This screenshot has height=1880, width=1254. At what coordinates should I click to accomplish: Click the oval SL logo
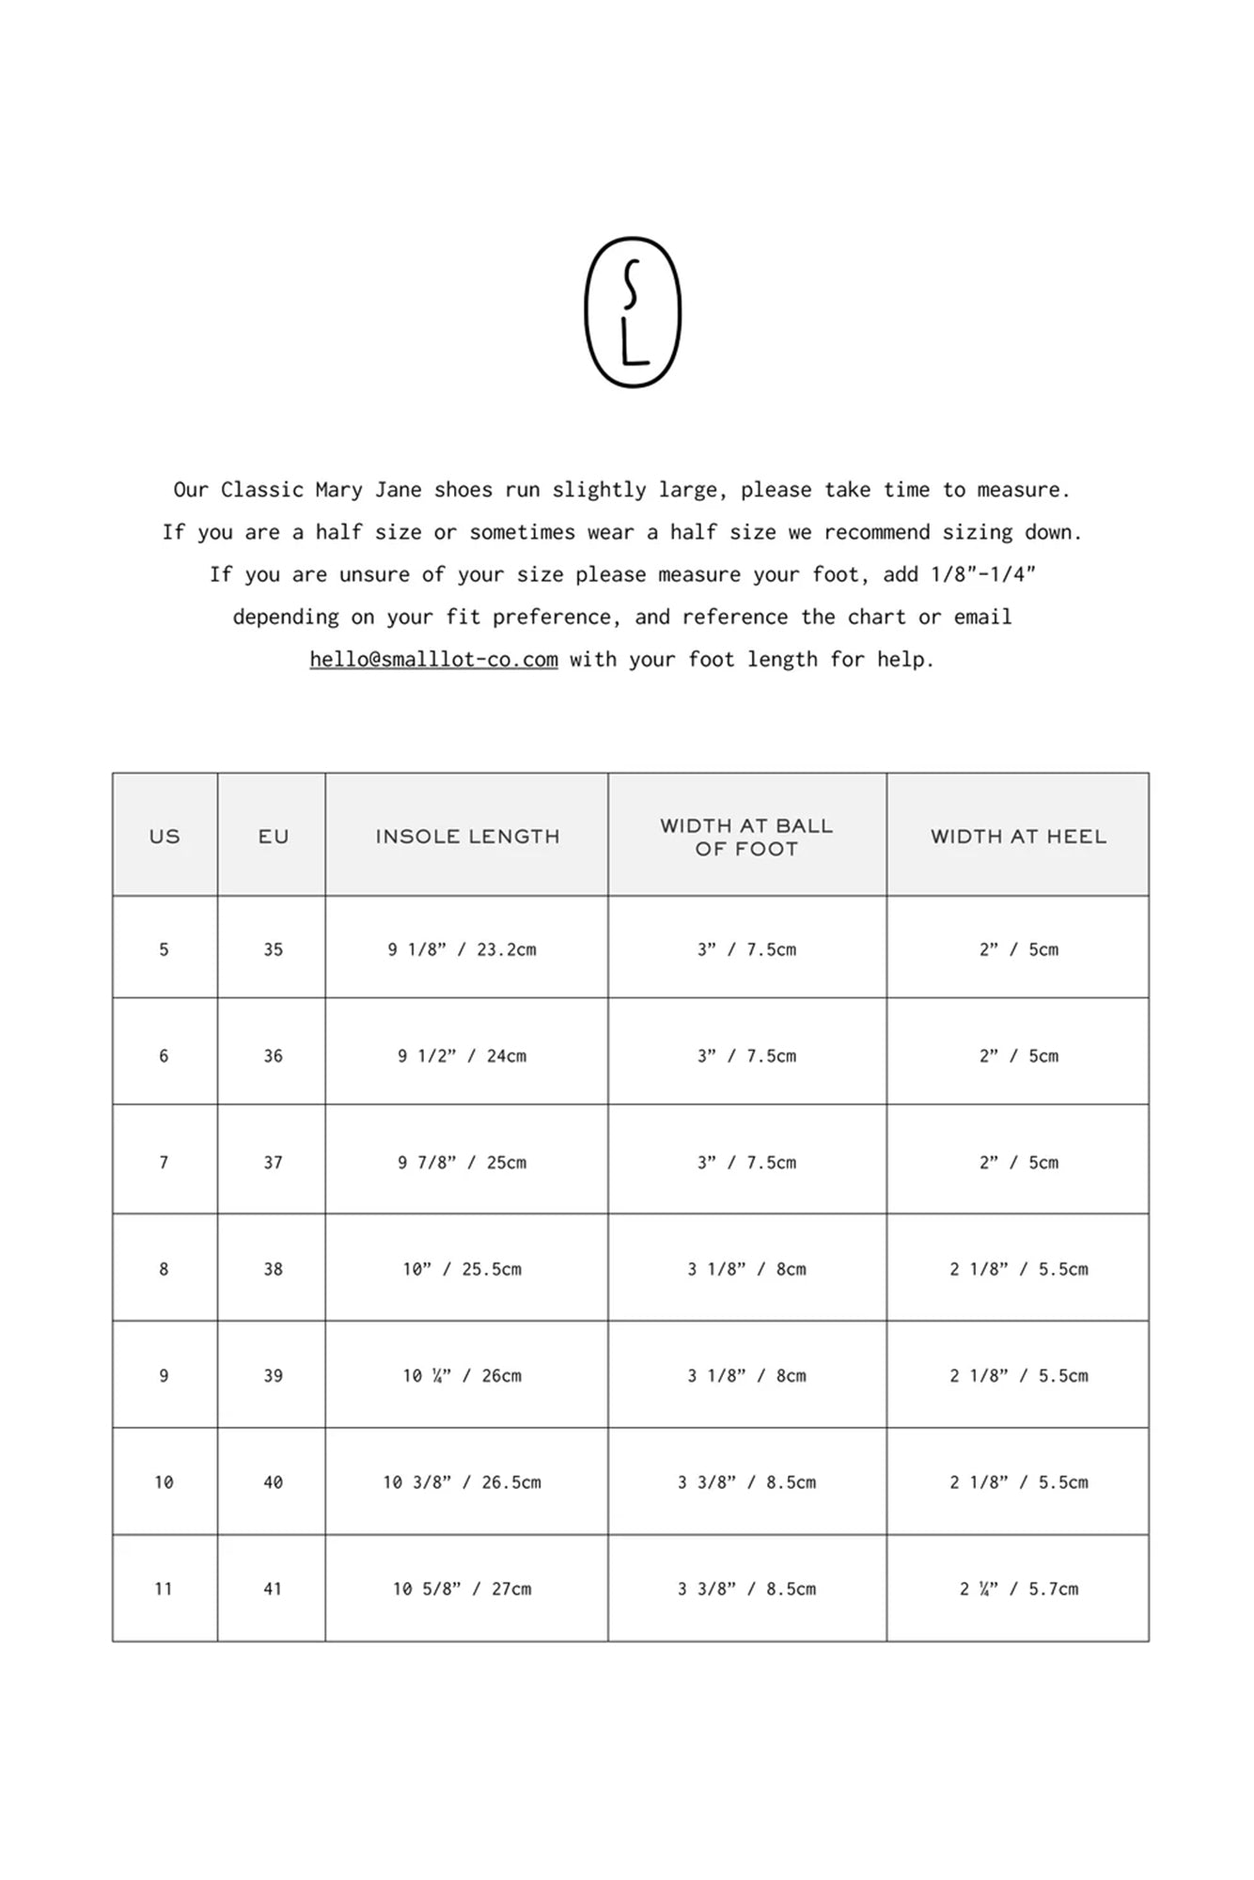coord(632,312)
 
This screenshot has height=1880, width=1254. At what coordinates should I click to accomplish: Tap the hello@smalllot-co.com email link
coord(433,659)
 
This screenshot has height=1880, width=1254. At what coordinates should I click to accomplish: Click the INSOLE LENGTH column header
coord(467,836)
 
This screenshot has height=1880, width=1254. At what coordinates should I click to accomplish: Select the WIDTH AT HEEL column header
coord(1018,836)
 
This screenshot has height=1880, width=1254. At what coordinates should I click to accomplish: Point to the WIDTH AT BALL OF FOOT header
coord(746,837)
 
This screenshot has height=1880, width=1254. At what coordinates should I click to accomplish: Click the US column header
coord(165,836)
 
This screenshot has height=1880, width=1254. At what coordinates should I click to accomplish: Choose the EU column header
coord(273,836)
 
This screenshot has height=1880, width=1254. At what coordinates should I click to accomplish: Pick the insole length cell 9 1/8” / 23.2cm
coord(462,949)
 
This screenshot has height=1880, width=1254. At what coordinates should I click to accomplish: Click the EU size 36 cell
coord(273,1056)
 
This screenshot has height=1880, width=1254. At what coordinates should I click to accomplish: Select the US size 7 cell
coord(164,1163)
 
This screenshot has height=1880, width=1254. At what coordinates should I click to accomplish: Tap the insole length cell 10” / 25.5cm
coord(462,1269)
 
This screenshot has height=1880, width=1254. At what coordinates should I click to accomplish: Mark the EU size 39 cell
coord(273,1375)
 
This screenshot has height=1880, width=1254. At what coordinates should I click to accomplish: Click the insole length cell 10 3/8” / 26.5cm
coord(462,1482)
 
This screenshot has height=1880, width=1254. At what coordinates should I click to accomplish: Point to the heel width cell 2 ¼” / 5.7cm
coord(1018,1589)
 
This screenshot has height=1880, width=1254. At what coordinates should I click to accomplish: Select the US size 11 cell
coord(164,1589)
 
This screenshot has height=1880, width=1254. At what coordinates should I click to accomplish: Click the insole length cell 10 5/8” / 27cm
coord(462,1589)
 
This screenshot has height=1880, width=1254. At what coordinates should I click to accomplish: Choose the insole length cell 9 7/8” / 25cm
coord(462,1163)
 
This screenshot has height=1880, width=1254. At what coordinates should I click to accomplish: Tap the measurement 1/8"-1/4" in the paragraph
coord(982,574)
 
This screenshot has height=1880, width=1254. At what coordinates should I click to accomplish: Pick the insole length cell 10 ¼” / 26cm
coord(462,1375)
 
